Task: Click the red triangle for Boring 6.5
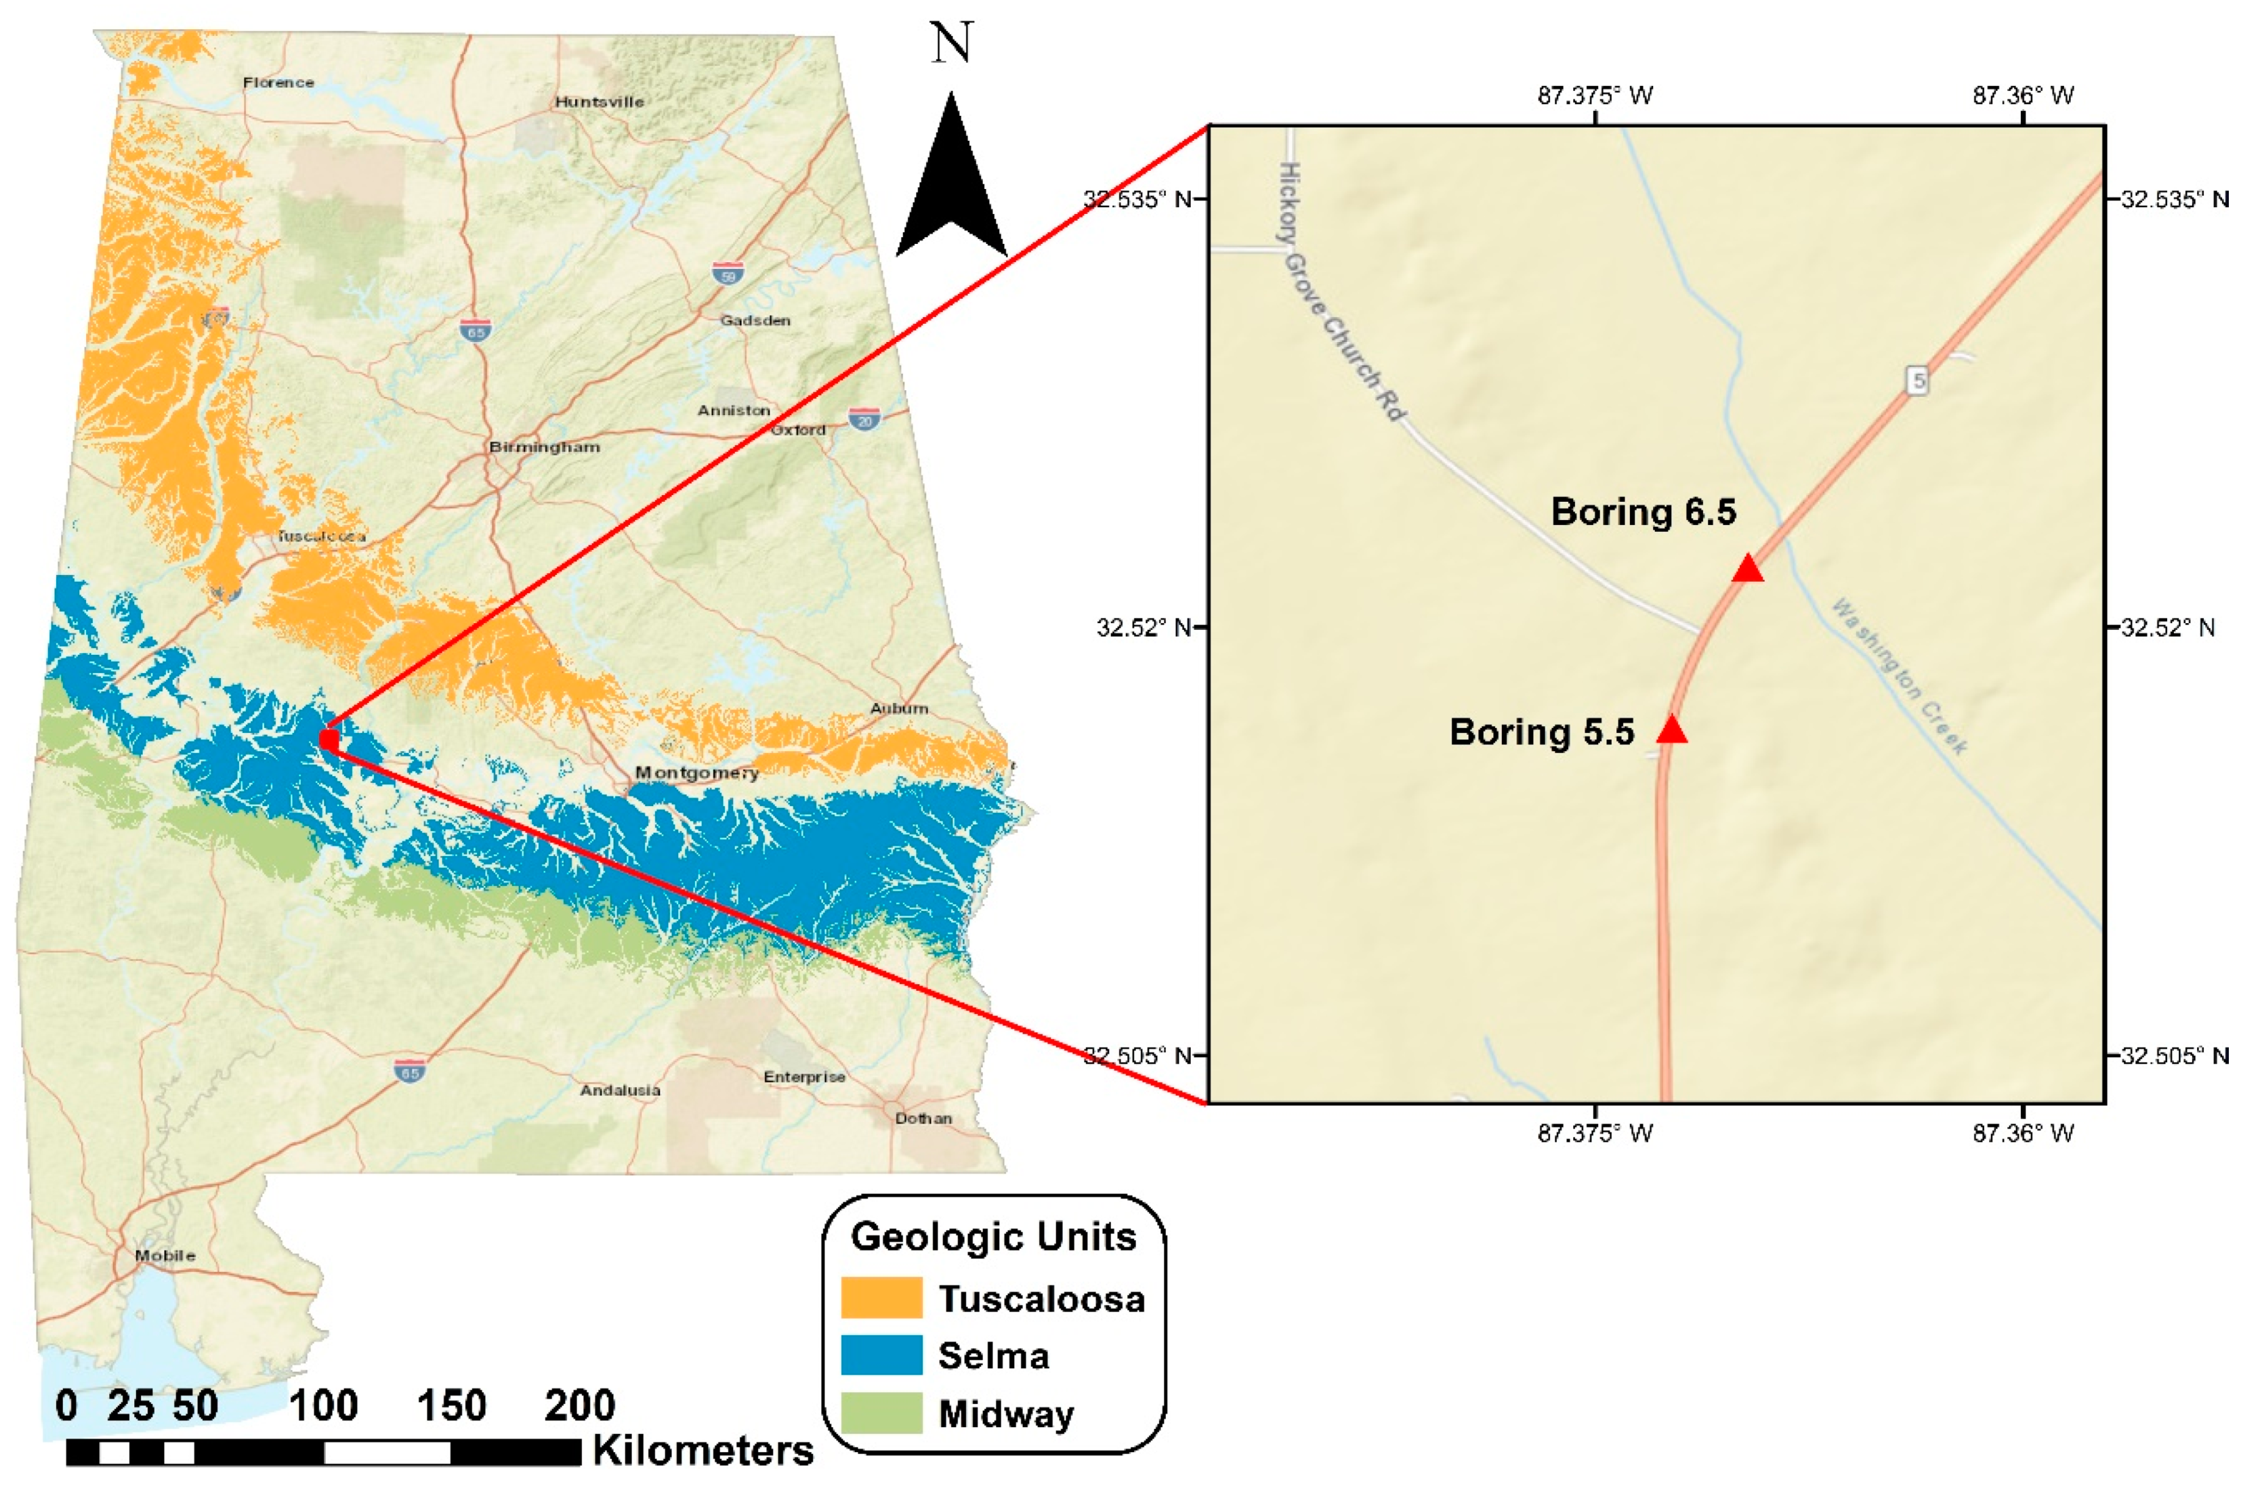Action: click(x=1747, y=569)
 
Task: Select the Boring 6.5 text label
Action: click(x=1643, y=512)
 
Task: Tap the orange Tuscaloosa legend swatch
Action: click(x=880, y=1297)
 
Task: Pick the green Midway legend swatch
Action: click(x=880, y=1413)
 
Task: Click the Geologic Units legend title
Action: click(x=993, y=1236)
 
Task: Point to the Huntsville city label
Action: click(x=599, y=102)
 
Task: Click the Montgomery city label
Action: click(x=696, y=773)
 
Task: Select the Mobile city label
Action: click(x=165, y=1255)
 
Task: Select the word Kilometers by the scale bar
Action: click(x=703, y=1451)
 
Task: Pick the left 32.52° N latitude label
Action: click(x=1144, y=627)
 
